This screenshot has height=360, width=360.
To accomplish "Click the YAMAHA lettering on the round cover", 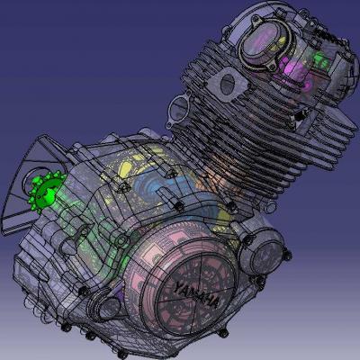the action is coord(197,294).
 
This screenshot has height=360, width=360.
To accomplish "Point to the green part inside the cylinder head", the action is coord(321,60).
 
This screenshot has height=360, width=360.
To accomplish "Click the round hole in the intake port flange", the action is coord(228,84).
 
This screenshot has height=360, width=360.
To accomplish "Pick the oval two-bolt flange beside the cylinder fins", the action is coord(177,109).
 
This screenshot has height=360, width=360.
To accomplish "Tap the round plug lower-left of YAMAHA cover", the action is coord(104,303).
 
